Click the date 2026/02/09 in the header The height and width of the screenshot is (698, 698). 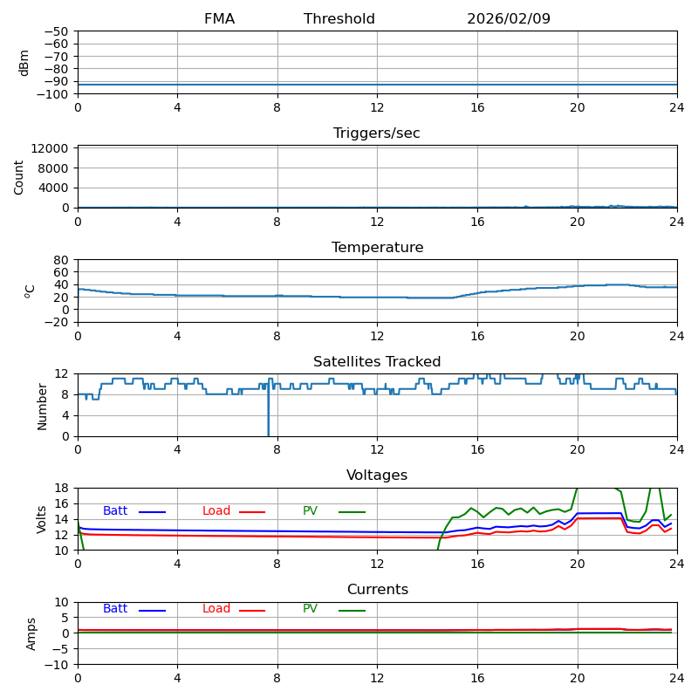[x=509, y=19]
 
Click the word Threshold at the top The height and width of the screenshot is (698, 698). [x=339, y=19]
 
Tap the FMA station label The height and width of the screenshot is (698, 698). [x=219, y=19]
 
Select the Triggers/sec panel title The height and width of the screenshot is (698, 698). [x=377, y=133]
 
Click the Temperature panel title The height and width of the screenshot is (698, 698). [x=377, y=248]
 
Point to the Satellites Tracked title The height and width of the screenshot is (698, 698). [x=377, y=362]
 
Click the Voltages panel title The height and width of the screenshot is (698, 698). [x=377, y=476]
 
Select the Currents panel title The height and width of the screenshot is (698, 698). [x=377, y=590]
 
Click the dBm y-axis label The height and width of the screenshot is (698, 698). [x=24, y=63]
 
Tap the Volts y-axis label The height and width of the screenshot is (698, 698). [x=42, y=519]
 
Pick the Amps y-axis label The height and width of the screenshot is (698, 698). [x=31, y=633]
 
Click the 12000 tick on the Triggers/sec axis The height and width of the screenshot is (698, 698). [x=50, y=148]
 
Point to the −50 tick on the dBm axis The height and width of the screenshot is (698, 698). [x=56, y=31]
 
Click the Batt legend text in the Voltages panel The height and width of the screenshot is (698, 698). [x=115, y=511]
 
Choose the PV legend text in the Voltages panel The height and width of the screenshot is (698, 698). [x=311, y=511]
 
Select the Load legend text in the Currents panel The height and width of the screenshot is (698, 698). [x=216, y=609]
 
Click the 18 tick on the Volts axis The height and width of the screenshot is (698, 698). [x=63, y=488]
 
